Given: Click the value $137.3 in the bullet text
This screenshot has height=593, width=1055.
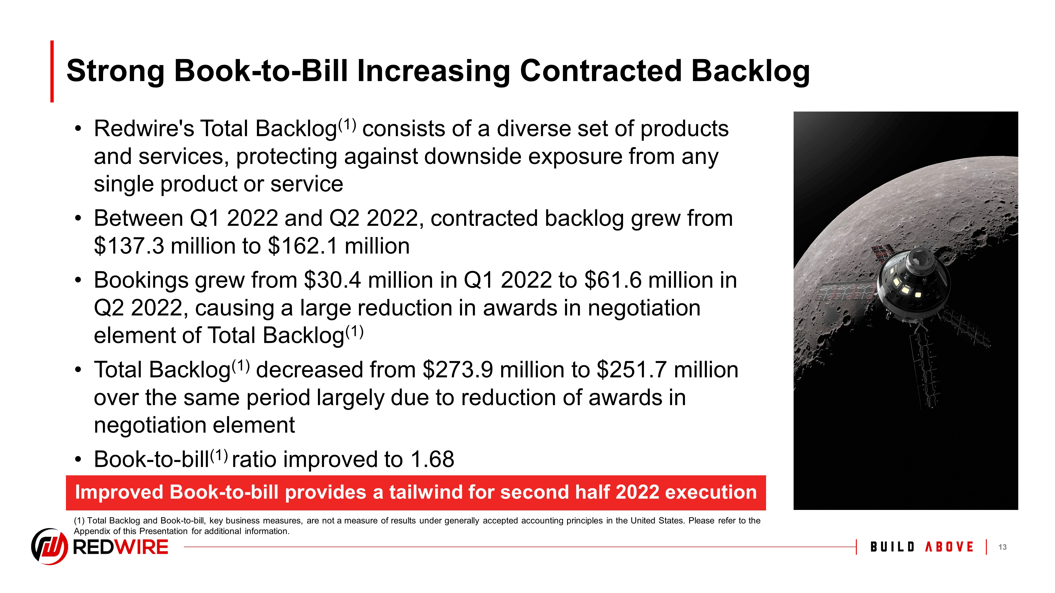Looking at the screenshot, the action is (x=129, y=246).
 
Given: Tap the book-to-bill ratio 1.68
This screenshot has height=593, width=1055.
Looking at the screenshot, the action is (x=433, y=459).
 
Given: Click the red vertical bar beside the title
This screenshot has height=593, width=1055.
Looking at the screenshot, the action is (x=52, y=71).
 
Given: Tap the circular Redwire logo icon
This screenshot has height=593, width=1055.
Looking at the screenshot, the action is (x=49, y=546).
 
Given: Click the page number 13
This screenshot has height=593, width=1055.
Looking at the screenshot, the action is (x=1002, y=547).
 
